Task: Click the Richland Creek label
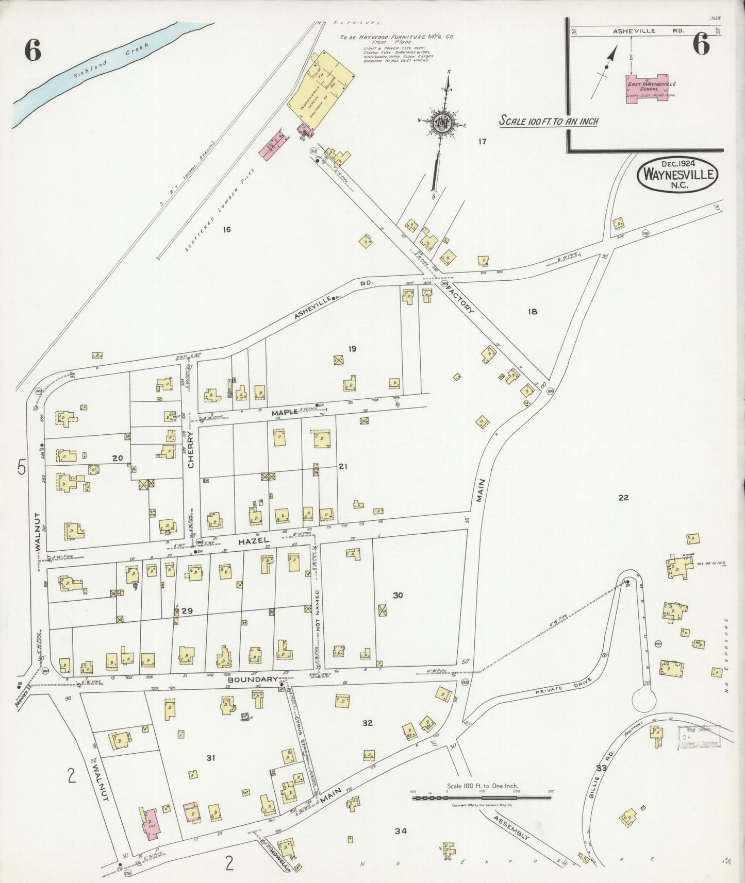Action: pos(111,60)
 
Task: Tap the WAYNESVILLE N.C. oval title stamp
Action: pos(677,174)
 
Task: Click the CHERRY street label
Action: pos(191,449)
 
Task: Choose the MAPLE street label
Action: pos(285,412)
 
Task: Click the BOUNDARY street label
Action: pos(253,679)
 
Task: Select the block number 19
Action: pos(352,349)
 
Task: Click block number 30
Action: pos(398,595)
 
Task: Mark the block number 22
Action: pos(623,498)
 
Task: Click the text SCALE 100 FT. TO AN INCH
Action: pos(548,121)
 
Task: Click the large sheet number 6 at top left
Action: pos(32,50)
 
